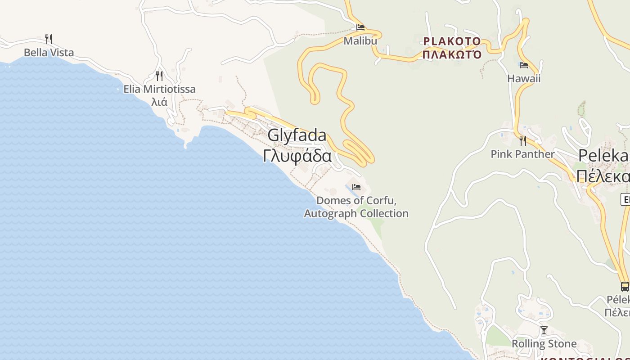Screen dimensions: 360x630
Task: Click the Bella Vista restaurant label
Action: [49, 53]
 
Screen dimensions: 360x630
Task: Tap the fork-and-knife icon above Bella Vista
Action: [49, 39]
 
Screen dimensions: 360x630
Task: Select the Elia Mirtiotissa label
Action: [159, 89]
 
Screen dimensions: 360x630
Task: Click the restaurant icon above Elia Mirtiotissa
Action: [159, 75]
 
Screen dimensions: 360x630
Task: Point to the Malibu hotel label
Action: [360, 41]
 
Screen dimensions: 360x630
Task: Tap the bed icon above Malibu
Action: [360, 27]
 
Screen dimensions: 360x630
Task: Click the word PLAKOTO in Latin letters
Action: [452, 41]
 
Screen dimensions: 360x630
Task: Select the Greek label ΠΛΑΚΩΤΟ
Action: [452, 55]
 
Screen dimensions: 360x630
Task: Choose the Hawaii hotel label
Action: [524, 79]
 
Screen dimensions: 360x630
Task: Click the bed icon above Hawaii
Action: [523, 65]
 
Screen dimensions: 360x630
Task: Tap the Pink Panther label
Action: [522, 154]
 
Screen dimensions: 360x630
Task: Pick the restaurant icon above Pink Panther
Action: [522, 140]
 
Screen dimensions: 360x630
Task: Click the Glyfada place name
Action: [297, 135]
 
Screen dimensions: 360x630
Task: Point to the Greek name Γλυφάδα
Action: [297, 156]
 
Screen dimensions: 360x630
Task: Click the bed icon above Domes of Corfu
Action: [356, 187]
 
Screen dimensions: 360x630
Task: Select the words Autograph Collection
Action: [356, 213]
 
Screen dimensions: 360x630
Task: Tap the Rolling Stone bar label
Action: [544, 344]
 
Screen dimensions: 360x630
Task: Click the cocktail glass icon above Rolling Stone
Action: [544, 330]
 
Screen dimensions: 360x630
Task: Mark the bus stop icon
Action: [625, 286]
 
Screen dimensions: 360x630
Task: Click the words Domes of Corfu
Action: [356, 200]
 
